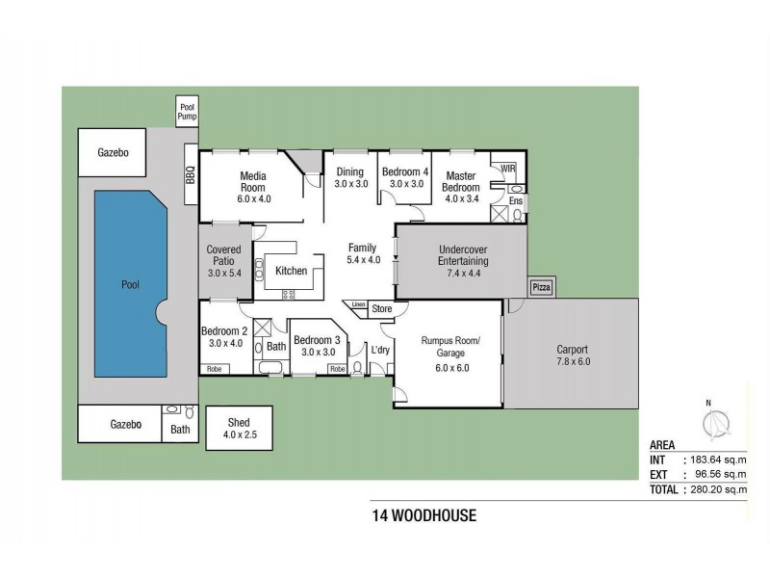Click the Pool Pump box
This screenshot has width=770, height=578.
coord(186,111)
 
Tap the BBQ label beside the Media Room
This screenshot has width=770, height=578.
coord(190,175)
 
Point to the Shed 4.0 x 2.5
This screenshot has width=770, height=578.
coord(239,429)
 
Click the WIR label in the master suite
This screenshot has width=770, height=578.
coord(508,169)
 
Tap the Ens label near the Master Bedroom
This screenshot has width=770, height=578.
coord(516,200)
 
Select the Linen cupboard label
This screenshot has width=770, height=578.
coord(358,304)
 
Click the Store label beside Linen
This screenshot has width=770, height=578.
coord(382,309)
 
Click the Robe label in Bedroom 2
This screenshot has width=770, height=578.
coord(214,368)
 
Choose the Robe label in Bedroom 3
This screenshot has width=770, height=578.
coord(337,368)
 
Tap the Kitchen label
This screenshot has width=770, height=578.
coord(291,271)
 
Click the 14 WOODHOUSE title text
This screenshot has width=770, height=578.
coord(423,515)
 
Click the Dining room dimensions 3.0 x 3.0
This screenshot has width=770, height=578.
coord(351,183)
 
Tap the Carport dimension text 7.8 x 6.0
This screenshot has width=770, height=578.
coord(571,361)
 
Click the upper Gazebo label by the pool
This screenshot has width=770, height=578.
coord(114,152)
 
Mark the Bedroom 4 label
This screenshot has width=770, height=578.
coord(404,171)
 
